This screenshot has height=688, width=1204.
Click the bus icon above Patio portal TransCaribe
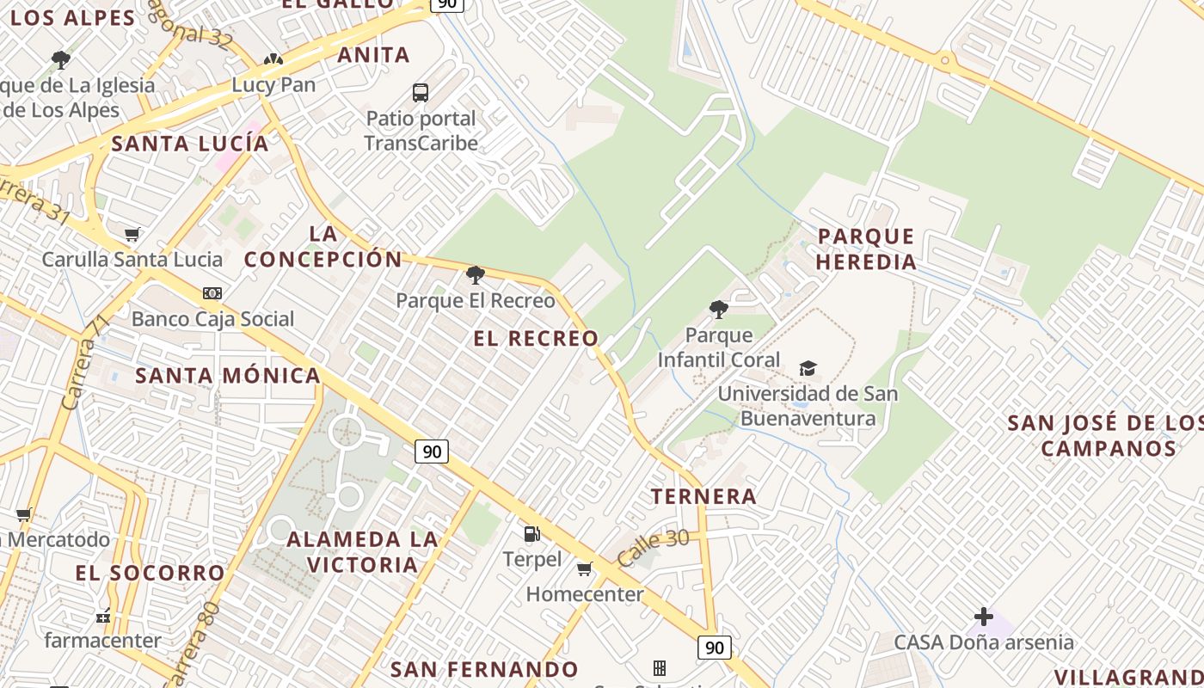421,93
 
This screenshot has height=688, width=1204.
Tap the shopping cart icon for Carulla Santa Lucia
132,234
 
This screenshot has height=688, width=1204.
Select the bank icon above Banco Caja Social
212,293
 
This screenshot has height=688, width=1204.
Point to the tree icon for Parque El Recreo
475,275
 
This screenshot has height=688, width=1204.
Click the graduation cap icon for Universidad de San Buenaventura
808,369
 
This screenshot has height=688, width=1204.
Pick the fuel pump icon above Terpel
532,534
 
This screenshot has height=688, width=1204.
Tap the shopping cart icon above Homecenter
585,568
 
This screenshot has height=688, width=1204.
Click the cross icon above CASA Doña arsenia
984,617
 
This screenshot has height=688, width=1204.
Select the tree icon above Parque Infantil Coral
719,310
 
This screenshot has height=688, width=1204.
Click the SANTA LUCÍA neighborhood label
190,144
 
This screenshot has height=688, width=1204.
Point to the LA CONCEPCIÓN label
323,246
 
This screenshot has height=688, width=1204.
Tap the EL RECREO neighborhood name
536,339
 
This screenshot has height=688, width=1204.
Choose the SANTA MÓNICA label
228,376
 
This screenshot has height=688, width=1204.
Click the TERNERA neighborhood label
703,496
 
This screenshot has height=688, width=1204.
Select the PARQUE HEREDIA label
866,249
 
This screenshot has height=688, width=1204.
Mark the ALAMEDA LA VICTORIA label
362,552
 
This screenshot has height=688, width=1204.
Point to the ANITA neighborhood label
373,55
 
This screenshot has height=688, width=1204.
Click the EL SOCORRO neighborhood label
150,573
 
